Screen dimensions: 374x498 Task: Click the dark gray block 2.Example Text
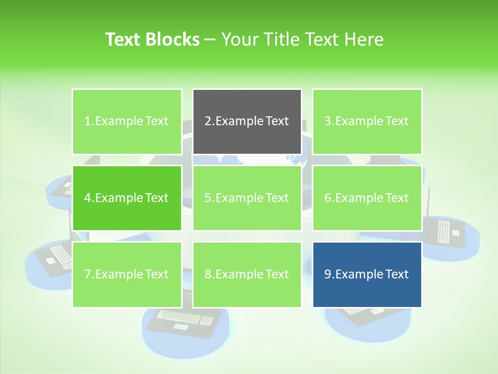[247, 122]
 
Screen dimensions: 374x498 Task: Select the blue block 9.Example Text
[367, 274]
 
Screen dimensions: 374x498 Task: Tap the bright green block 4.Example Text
[127, 198]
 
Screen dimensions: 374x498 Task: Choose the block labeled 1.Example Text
[127, 122]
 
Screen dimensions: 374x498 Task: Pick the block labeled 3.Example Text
[367, 122]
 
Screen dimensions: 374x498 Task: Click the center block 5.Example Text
[247, 198]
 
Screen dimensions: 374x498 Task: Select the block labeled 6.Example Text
[367, 198]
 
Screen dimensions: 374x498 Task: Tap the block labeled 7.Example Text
[127, 274]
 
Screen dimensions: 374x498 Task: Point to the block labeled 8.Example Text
[247, 274]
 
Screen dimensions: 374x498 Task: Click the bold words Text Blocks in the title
[152, 39]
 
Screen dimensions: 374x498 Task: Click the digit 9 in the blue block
[327, 274]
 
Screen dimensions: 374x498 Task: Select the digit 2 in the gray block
[208, 122]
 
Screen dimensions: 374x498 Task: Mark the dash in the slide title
[210, 40]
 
